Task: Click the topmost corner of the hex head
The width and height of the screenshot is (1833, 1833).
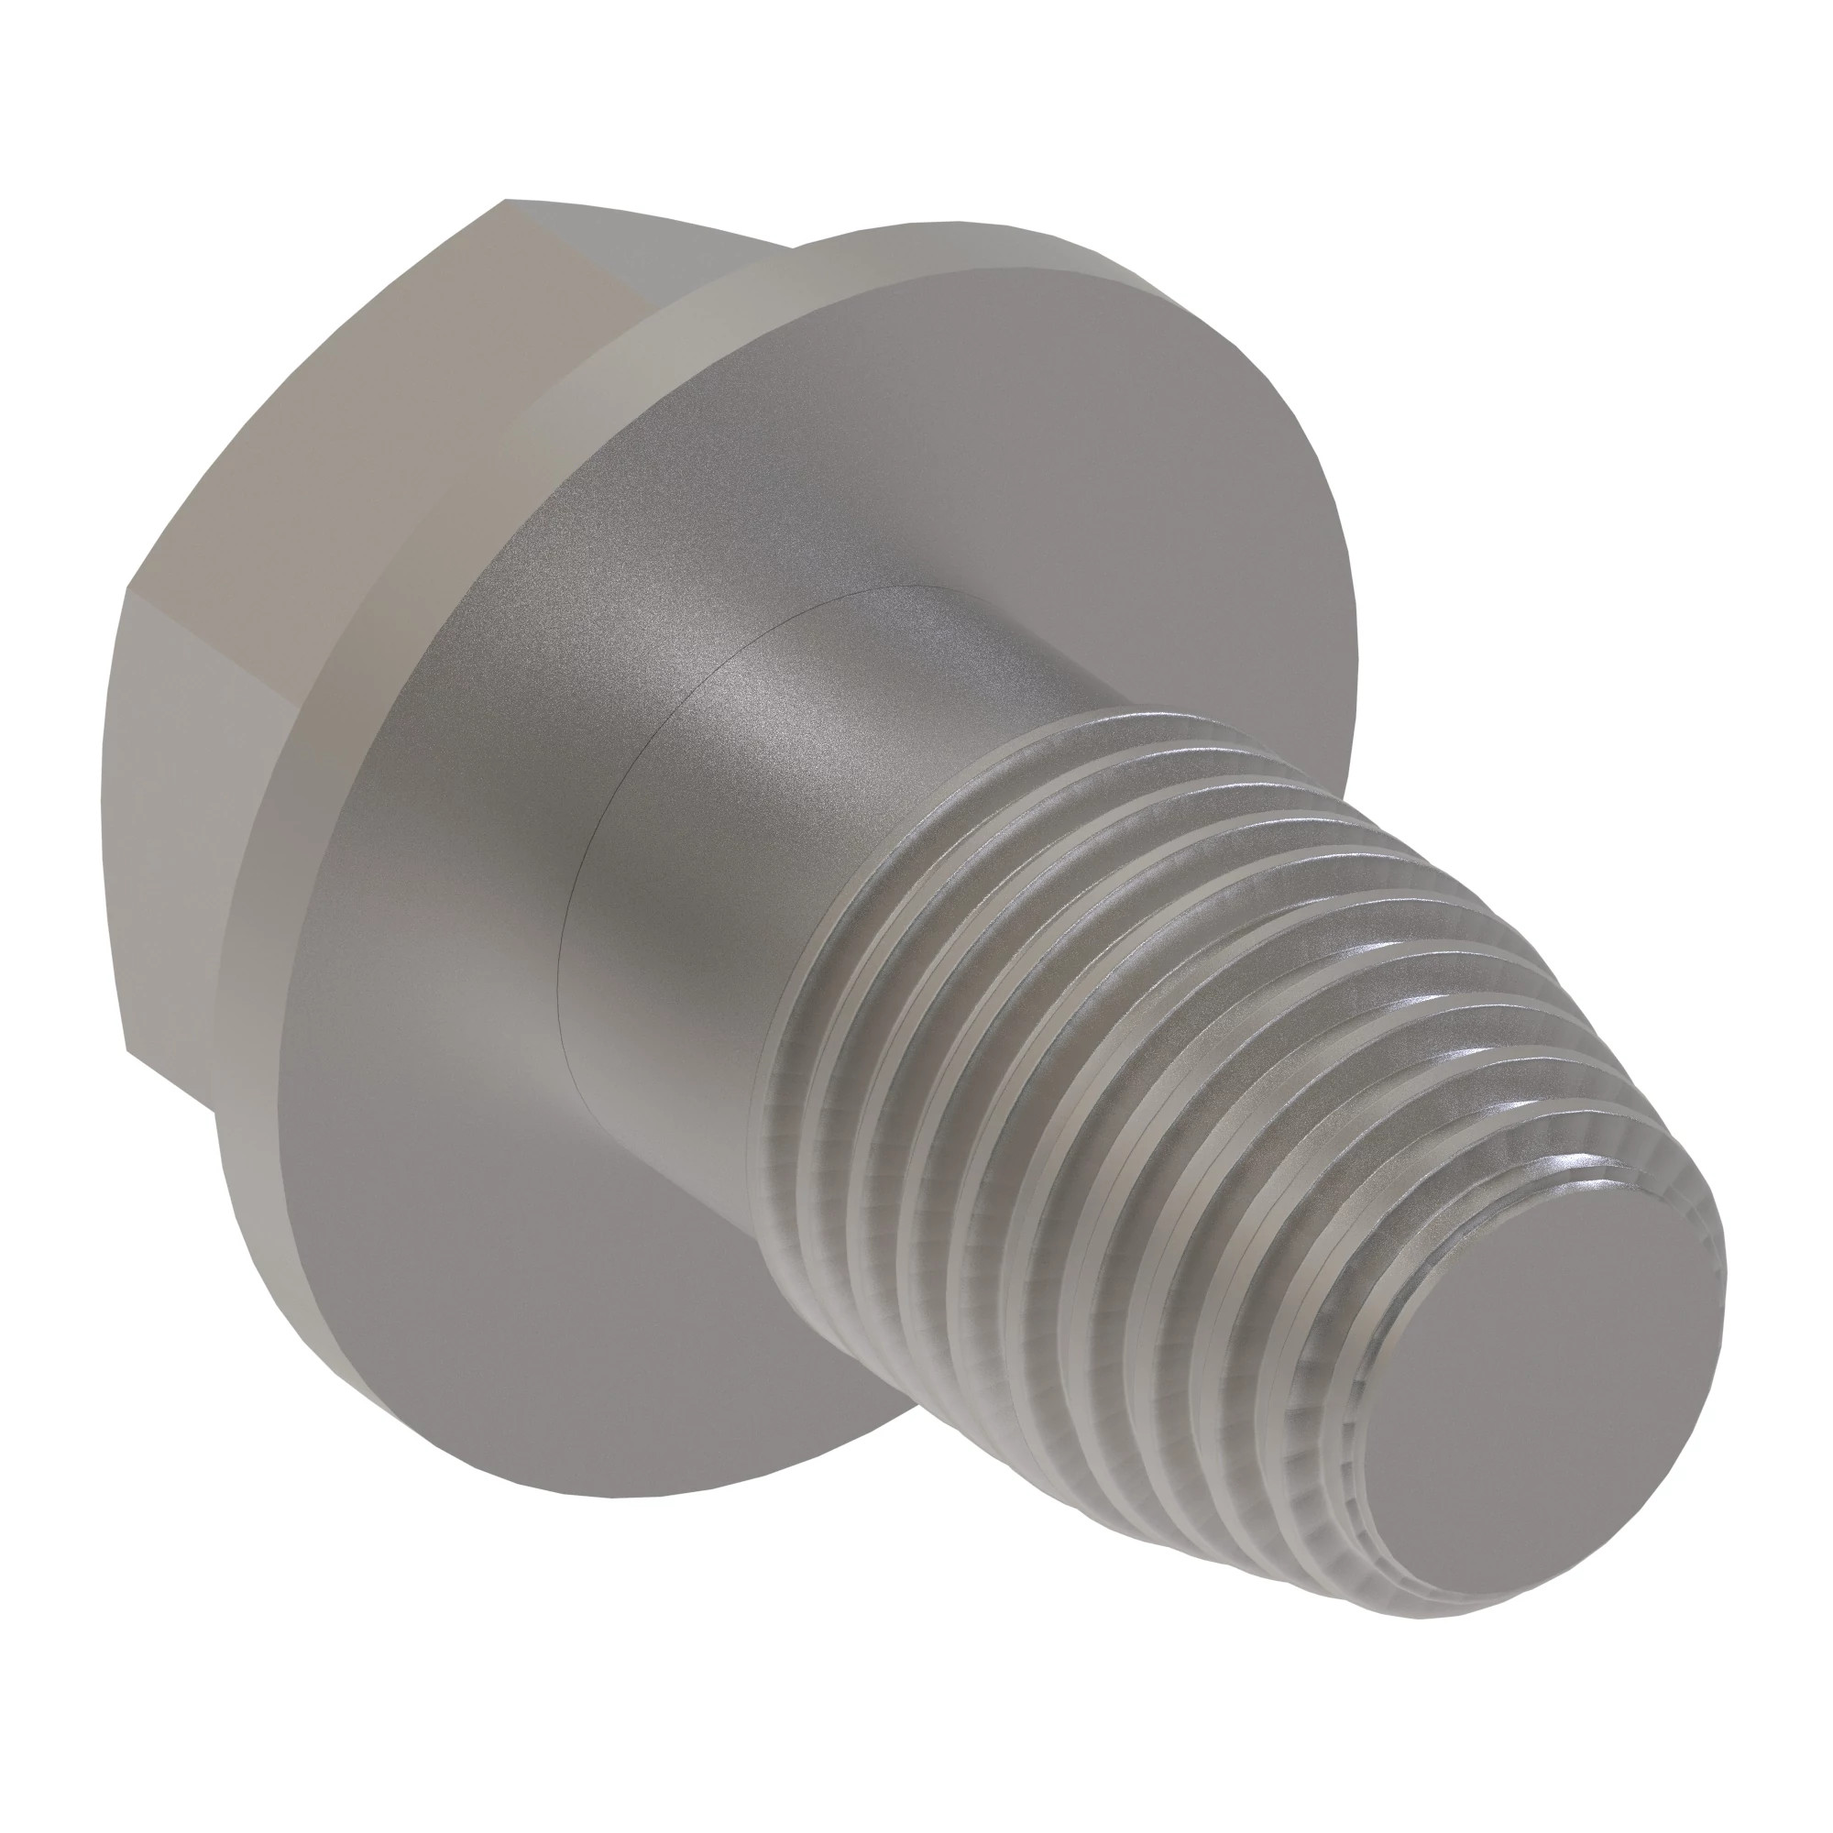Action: [505, 200]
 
